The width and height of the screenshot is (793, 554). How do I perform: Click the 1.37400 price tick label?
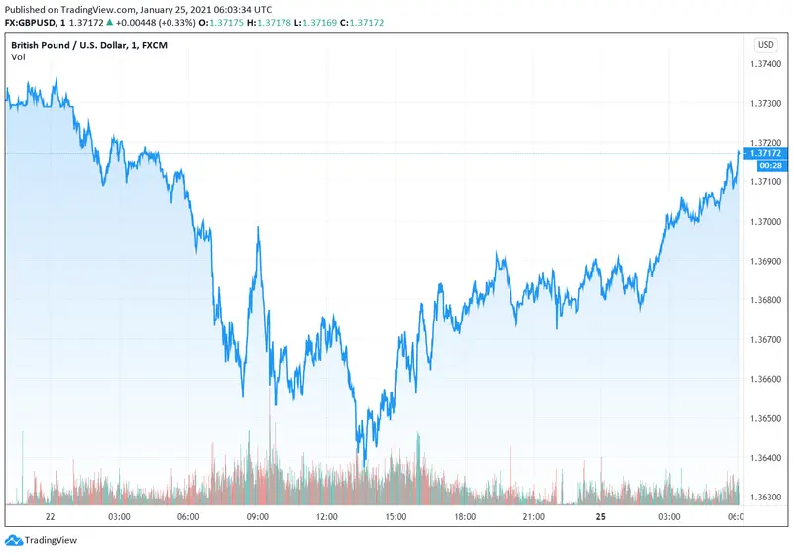(766, 64)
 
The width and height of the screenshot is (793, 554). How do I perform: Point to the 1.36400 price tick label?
(766, 458)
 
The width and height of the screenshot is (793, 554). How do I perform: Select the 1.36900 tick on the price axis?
(766, 261)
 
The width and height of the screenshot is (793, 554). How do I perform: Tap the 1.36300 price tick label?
(766, 498)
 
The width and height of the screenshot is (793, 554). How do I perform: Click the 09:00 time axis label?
(258, 517)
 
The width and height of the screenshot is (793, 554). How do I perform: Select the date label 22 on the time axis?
(50, 517)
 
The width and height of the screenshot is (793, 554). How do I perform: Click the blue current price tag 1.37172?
(766, 153)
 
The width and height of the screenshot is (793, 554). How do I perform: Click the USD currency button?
(766, 44)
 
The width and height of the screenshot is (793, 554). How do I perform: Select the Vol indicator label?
(18, 57)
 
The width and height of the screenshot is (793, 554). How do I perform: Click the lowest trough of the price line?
(365, 464)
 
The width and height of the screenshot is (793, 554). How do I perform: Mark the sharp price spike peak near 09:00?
(259, 227)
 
